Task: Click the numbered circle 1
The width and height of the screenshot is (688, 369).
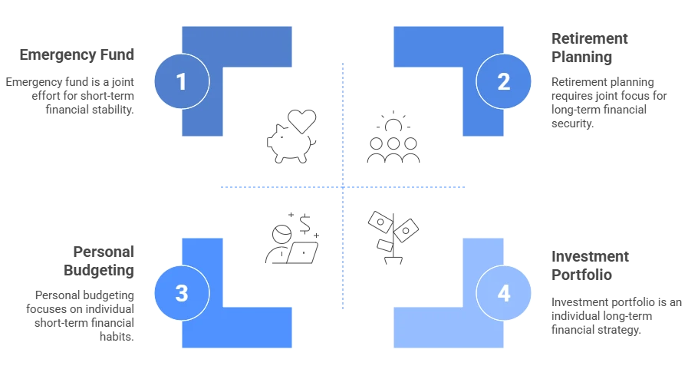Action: pyautogui.click(x=182, y=81)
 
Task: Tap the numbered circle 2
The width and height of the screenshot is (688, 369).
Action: pyautogui.click(x=503, y=81)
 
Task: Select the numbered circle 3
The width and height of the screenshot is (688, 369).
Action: pyautogui.click(x=182, y=292)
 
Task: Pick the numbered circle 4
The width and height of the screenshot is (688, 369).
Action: pyautogui.click(x=503, y=292)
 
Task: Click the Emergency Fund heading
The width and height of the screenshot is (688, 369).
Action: pyautogui.click(x=77, y=54)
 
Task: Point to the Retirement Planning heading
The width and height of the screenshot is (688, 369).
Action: pyautogui.click(x=589, y=48)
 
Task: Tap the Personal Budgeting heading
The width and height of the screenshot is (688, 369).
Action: pyautogui.click(x=99, y=261)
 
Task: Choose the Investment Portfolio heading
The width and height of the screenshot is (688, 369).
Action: pyautogui.click(x=590, y=265)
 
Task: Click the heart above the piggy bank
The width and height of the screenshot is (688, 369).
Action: pyautogui.click(x=302, y=121)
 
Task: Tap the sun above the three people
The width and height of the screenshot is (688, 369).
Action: pyautogui.click(x=393, y=122)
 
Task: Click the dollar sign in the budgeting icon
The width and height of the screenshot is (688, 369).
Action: pyautogui.click(x=304, y=224)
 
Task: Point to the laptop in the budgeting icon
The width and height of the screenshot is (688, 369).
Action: pyautogui.click(x=302, y=252)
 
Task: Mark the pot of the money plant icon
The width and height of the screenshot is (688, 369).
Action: pyautogui.click(x=393, y=261)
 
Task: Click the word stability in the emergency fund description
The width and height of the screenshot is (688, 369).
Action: pyautogui.click(x=110, y=109)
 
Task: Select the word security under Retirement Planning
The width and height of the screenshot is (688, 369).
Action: pyautogui.click(x=573, y=124)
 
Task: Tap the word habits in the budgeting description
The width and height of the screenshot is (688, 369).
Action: pyautogui.click(x=117, y=337)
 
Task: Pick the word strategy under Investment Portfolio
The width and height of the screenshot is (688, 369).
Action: pyautogui.click(x=618, y=330)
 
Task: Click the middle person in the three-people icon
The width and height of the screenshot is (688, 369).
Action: pyautogui.click(x=393, y=150)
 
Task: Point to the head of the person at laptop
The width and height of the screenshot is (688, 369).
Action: pyautogui.click(x=281, y=234)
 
